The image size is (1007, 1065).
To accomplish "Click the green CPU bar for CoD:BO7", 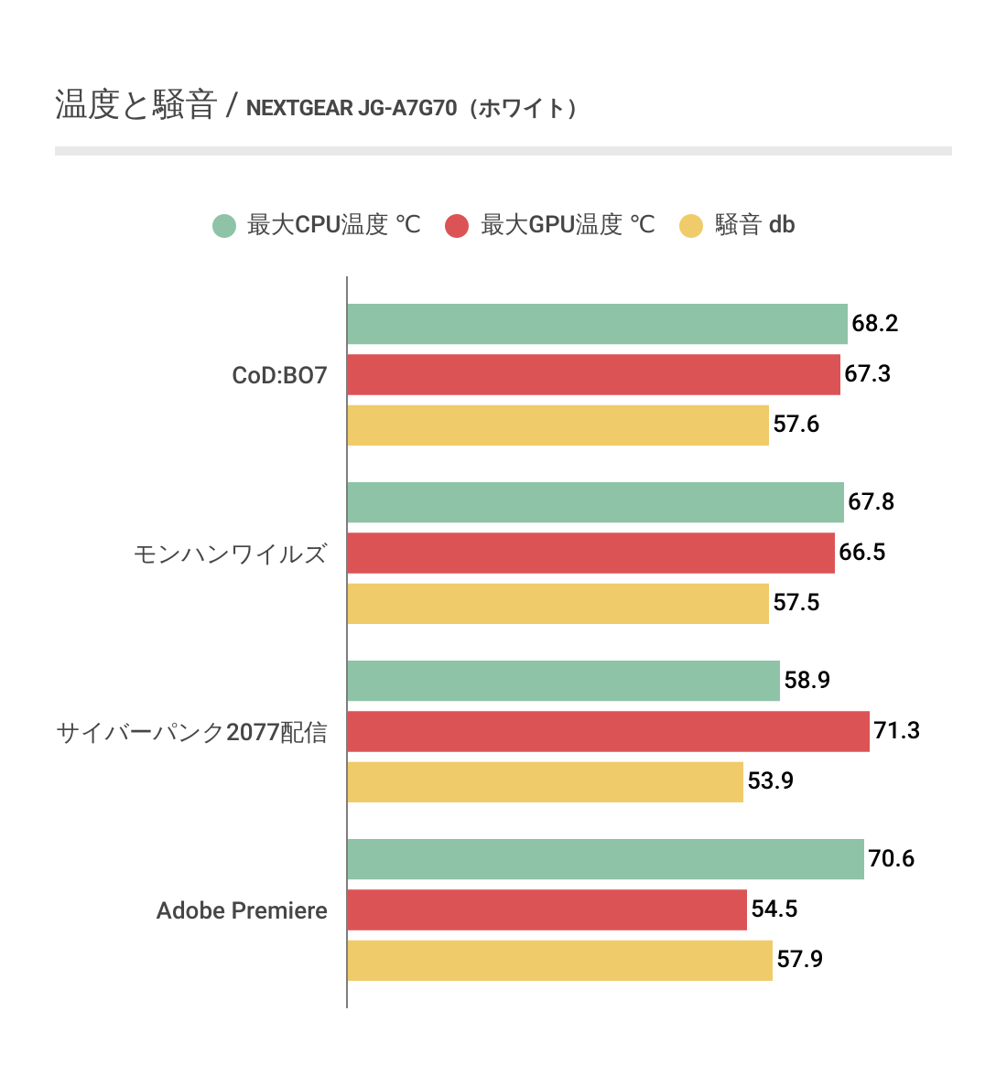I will pos(597,324).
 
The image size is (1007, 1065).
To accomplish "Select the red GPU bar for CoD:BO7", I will pos(593,374).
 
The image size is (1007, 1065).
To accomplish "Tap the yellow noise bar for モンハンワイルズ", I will pos(558,603).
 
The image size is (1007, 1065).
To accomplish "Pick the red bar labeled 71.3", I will pos(608,731).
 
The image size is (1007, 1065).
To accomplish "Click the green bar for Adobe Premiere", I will pos(605,859).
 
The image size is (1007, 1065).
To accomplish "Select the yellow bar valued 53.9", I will pos(545,781).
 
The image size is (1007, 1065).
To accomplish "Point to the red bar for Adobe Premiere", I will pos(547,909).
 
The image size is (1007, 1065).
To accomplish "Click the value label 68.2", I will pos(874,324).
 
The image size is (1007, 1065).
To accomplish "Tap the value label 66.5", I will pos(861,553).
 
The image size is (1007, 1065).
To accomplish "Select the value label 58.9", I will pos(807,681).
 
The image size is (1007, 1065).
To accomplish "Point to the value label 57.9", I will pos(799,960).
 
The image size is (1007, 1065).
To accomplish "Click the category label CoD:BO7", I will pos(279,376).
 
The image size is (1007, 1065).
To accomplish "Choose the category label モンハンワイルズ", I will pos(230,554).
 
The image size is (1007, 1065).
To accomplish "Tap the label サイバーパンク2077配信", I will pos(191,733).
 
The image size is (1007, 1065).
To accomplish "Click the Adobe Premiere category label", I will pos(242,911).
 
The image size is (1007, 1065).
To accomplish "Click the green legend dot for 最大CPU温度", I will pos(224,225).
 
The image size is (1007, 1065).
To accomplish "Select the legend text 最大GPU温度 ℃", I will pos(568,225).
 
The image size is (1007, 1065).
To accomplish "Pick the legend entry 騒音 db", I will pos(754,225).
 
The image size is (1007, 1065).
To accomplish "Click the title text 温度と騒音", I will pos(135,105).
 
